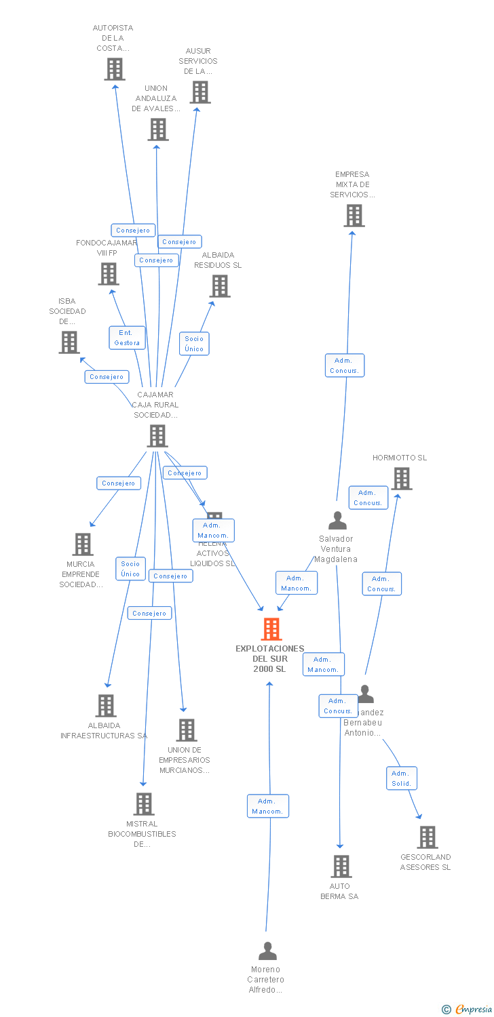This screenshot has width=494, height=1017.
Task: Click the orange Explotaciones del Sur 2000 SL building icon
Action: tap(271, 629)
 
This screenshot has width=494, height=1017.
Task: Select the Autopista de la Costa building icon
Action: tap(115, 69)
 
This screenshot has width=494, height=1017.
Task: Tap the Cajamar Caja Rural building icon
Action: tap(157, 436)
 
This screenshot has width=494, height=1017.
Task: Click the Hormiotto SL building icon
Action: tap(401, 479)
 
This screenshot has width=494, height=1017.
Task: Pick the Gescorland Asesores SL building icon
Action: tap(427, 837)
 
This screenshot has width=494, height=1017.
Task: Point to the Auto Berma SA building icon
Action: tap(341, 866)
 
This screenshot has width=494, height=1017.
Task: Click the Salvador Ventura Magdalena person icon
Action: tap(337, 521)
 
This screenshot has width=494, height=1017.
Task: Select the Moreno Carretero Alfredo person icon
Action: tap(268, 951)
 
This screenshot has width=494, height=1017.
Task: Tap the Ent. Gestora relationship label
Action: tap(127, 338)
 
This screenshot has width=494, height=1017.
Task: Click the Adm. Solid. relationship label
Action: tap(401, 778)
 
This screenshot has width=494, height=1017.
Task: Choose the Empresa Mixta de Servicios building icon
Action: tap(354, 216)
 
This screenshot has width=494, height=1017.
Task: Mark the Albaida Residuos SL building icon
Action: tap(219, 286)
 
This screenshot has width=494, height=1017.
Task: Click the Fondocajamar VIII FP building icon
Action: tap(108, 274)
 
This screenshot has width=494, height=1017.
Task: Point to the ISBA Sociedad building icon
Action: tap(69, 342)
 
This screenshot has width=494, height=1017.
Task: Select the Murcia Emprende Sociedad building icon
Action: tap(82, 544)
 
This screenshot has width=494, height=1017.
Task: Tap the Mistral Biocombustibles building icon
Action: tap(143, 804)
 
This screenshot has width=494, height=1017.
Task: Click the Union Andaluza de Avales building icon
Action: tap(157, 129)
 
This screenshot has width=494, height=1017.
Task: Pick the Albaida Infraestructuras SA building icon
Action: tap(105, 706)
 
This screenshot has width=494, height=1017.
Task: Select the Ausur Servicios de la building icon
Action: tap(199, 92)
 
